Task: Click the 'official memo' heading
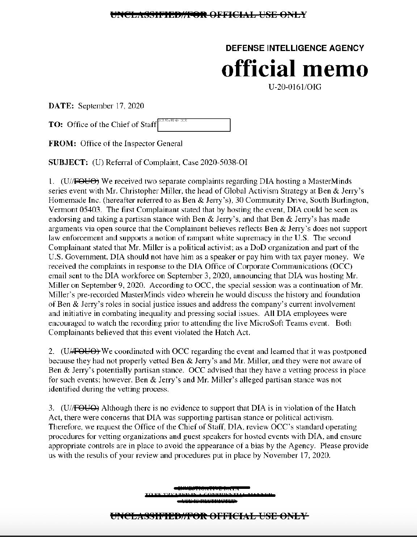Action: tap(295, 68)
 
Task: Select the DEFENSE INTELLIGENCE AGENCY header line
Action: tap(295, 48)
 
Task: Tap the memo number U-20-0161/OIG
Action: tap(295, 87)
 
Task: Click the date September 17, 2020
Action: tap(111, 106)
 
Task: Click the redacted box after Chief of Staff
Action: tap(194, 125)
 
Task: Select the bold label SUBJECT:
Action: tap(68, 162)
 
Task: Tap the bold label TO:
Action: tap(56, 125)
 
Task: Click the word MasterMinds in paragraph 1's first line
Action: tap(332, 181)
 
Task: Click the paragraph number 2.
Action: tap(52, 351)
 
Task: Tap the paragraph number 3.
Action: tap(52, 408)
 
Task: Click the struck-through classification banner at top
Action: tap(208, 15)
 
